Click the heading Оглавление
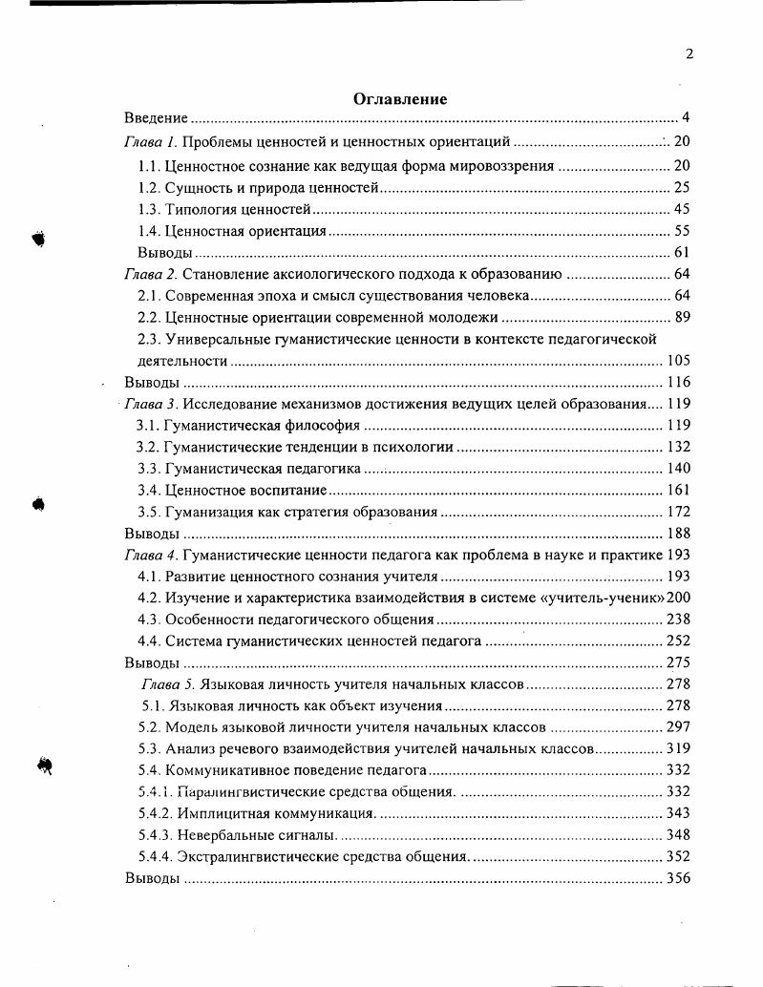pos(400,99)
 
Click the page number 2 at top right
pos(689,54)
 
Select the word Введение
pos(156,119)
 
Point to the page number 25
pos(681,187)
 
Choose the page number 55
pos(681,231)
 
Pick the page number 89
pos(681,318)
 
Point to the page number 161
pos(677,491)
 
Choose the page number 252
pos(677,641)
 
